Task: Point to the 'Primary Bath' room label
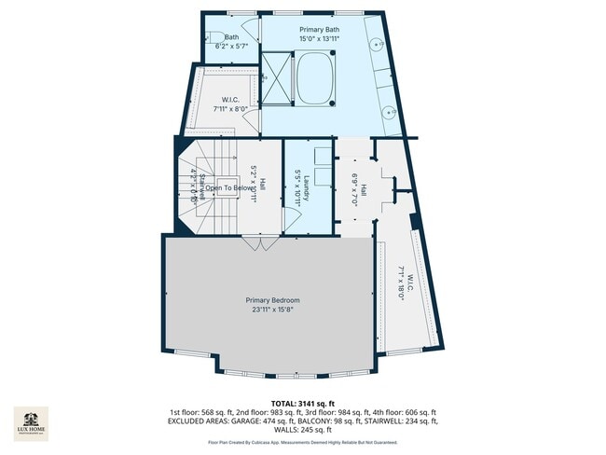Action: point(319,30)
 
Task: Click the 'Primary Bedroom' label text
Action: point(272,300)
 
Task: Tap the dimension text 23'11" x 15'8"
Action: point(272,310)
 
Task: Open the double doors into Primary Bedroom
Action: point(256,242)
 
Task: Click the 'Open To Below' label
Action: point(231,188)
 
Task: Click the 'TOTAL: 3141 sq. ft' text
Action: point(303,404)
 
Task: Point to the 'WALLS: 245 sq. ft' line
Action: point(303,430)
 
